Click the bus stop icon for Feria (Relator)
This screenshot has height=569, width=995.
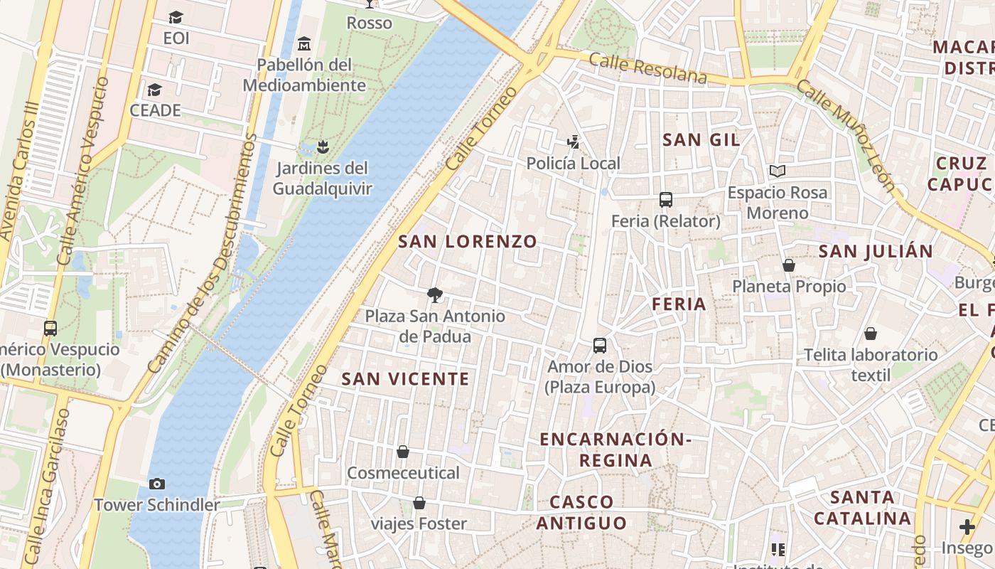(x=666, y=200)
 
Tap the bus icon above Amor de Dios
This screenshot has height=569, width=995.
(x=600, y=346)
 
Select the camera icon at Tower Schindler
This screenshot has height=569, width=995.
(x=157, y=484)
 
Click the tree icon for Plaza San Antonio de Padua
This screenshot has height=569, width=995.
(x=435, y=294)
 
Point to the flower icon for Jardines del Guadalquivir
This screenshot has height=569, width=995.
(x=323, y=147)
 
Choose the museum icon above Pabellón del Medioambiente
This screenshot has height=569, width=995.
(x=304, y=43)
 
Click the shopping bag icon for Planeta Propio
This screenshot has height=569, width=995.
(x=788, y=265)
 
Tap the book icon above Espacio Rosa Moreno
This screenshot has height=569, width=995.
(x=778, y=171)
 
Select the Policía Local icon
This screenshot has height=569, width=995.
(x=574, y=142)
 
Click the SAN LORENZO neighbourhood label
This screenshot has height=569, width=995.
(x=468, y=242)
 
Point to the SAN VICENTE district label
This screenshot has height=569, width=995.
(x=405, y=379)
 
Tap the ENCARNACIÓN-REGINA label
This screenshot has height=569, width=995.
(x=615, y=450)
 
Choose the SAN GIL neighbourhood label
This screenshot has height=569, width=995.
(x=701, y=140)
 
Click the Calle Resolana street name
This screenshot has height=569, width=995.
(x=648, y=68)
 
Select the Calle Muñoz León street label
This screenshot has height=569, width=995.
(x=845, y=135)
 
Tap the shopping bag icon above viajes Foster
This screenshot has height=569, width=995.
(x=419, y=503)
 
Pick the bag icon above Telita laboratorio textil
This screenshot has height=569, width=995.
(x=871, y=334)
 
